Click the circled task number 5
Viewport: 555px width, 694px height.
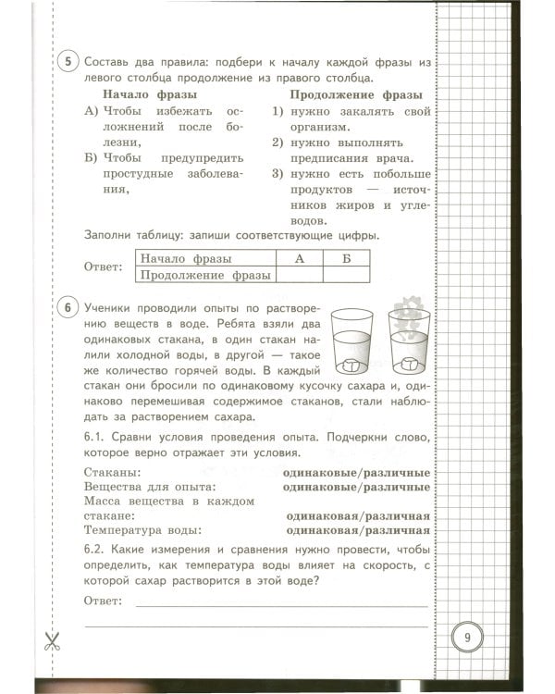coord(69,62)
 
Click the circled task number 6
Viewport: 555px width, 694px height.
coord(69,307)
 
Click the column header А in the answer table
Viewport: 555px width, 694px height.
coord(299,259)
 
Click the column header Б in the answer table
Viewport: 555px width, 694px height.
coord(346,259)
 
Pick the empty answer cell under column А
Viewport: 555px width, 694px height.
coord(299,275)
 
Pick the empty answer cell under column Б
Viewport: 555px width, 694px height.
coord(346,275)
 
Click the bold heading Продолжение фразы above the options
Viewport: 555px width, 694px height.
coord(355,94)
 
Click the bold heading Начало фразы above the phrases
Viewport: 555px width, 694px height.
coord(148,94)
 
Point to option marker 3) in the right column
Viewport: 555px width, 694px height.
coord(277,173)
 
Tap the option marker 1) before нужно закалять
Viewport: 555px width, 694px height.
coord(277,111)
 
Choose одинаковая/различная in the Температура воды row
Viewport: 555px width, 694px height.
coord(358,530)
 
